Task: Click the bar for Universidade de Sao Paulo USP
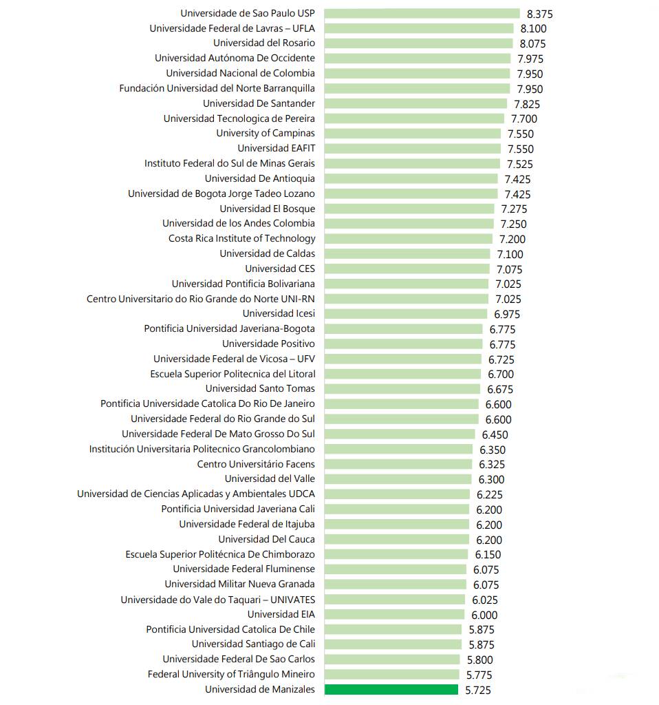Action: pyautogui.click(x=422, y=13)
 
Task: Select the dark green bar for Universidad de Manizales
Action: pyautogui.click(x=391, y=690)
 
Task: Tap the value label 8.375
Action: pyautogui.click(x=539, y=14)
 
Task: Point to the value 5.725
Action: pyautogui.click(x=478, y=690)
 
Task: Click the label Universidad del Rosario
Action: pyautogui.click(x=264, y=43)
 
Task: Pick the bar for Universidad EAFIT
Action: pyautogui.click(x=413, y=149)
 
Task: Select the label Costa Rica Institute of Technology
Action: pyautogui.click(x=242, y=239)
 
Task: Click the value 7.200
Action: pyautogui.click(x=512, y=239)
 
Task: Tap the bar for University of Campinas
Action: pyautogui.click(x=413, y=134)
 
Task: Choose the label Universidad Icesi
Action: pyautogui.click(x=279, y=314)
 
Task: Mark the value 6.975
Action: pyautogui.click(x=507, y=314)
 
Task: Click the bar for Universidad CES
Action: pyautogui.click(x=407, y=269)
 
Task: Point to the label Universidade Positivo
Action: pyautogui.click(x=268, y=344)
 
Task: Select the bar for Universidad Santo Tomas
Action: pyautogui.click(x=402, y=389)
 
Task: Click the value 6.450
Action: pyautogui.click(x=495, y=434)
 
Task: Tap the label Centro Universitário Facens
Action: pyautogui.click(x=256, y=464)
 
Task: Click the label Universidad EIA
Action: pyautogui.click(x=281, y=614)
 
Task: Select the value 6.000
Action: pyautogui.click(x=484, y=615)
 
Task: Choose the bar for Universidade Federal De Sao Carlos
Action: pyautogui.click(x=392, y=660)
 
